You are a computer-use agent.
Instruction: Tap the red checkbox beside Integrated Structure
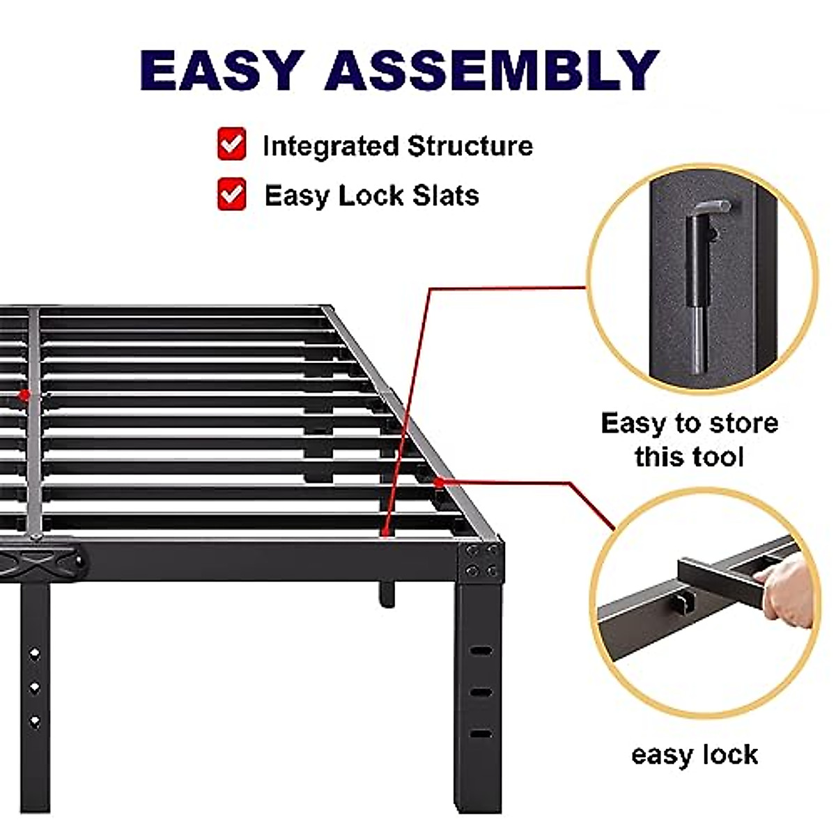pyautogui.click(x=231, y=144)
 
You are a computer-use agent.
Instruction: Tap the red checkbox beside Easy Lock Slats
pyautogui.click(x=231, y=194)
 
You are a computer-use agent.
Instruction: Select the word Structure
pyautogui.click(x=470, y=146)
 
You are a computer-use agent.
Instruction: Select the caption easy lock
pyautogui.click(x=694, y=754)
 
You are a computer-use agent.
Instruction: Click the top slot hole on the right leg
pyautogui.click(x=481, y=651)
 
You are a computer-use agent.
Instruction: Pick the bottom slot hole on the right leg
pyautogui.click(x=481, y=734)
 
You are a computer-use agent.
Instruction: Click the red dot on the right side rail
pyautogui.click(x=439, y=481)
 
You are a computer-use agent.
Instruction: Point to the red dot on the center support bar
pyautogui.click(x=24, y=395)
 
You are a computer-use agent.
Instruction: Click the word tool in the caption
pyautogui.click(x=718, y=457)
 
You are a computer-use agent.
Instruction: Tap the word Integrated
pyautogui.click(x=330, y=146)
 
